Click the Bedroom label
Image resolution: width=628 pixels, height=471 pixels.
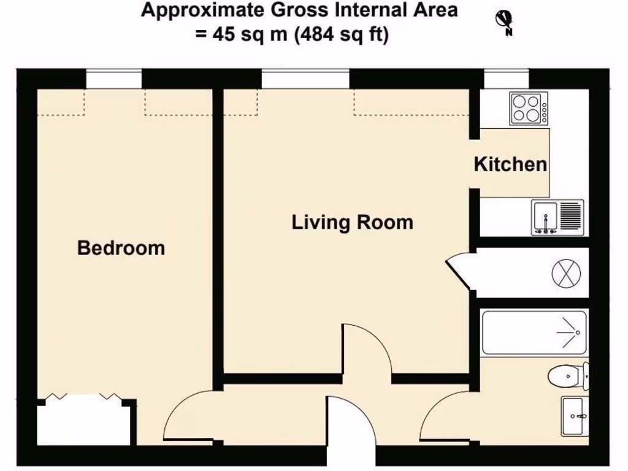[121, 248]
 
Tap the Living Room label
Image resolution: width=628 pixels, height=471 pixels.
[352, 222]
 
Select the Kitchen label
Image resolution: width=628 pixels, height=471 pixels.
[510, 164]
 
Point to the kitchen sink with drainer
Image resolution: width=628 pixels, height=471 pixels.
[557, 218]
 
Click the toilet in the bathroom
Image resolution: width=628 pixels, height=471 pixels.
[567, 375]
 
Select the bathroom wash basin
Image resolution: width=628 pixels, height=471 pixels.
[575, 416]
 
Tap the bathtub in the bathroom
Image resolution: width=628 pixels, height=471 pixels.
[534, 332]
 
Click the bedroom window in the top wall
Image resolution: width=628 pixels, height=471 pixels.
[113, 78]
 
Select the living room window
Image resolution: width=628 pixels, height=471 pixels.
[305, 78]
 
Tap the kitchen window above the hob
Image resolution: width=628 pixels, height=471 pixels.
[507, 78]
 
